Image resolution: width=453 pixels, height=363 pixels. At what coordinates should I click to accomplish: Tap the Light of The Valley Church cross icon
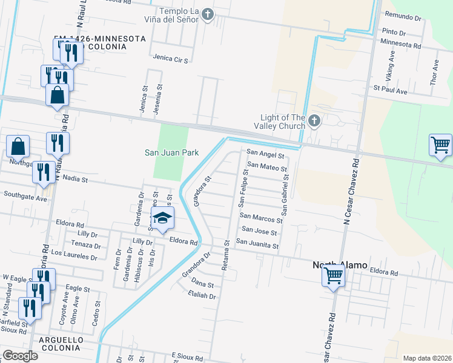[x=314, y=122]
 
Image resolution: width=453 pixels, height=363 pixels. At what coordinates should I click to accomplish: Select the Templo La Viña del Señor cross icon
[x=208, y=15]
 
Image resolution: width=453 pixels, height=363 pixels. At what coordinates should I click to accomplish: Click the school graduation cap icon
[x=162, y=218]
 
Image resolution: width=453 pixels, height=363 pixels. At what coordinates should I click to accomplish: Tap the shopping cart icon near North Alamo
[x=333, y=276]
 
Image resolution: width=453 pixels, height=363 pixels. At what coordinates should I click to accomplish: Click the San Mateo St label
[x=267, y=166]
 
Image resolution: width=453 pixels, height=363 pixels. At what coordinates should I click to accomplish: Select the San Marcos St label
[x=259, y=216]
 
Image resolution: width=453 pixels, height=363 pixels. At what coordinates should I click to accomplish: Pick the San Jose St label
[x=259, y=231]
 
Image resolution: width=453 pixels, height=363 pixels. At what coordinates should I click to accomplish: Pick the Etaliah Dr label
[x=202, y=296]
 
